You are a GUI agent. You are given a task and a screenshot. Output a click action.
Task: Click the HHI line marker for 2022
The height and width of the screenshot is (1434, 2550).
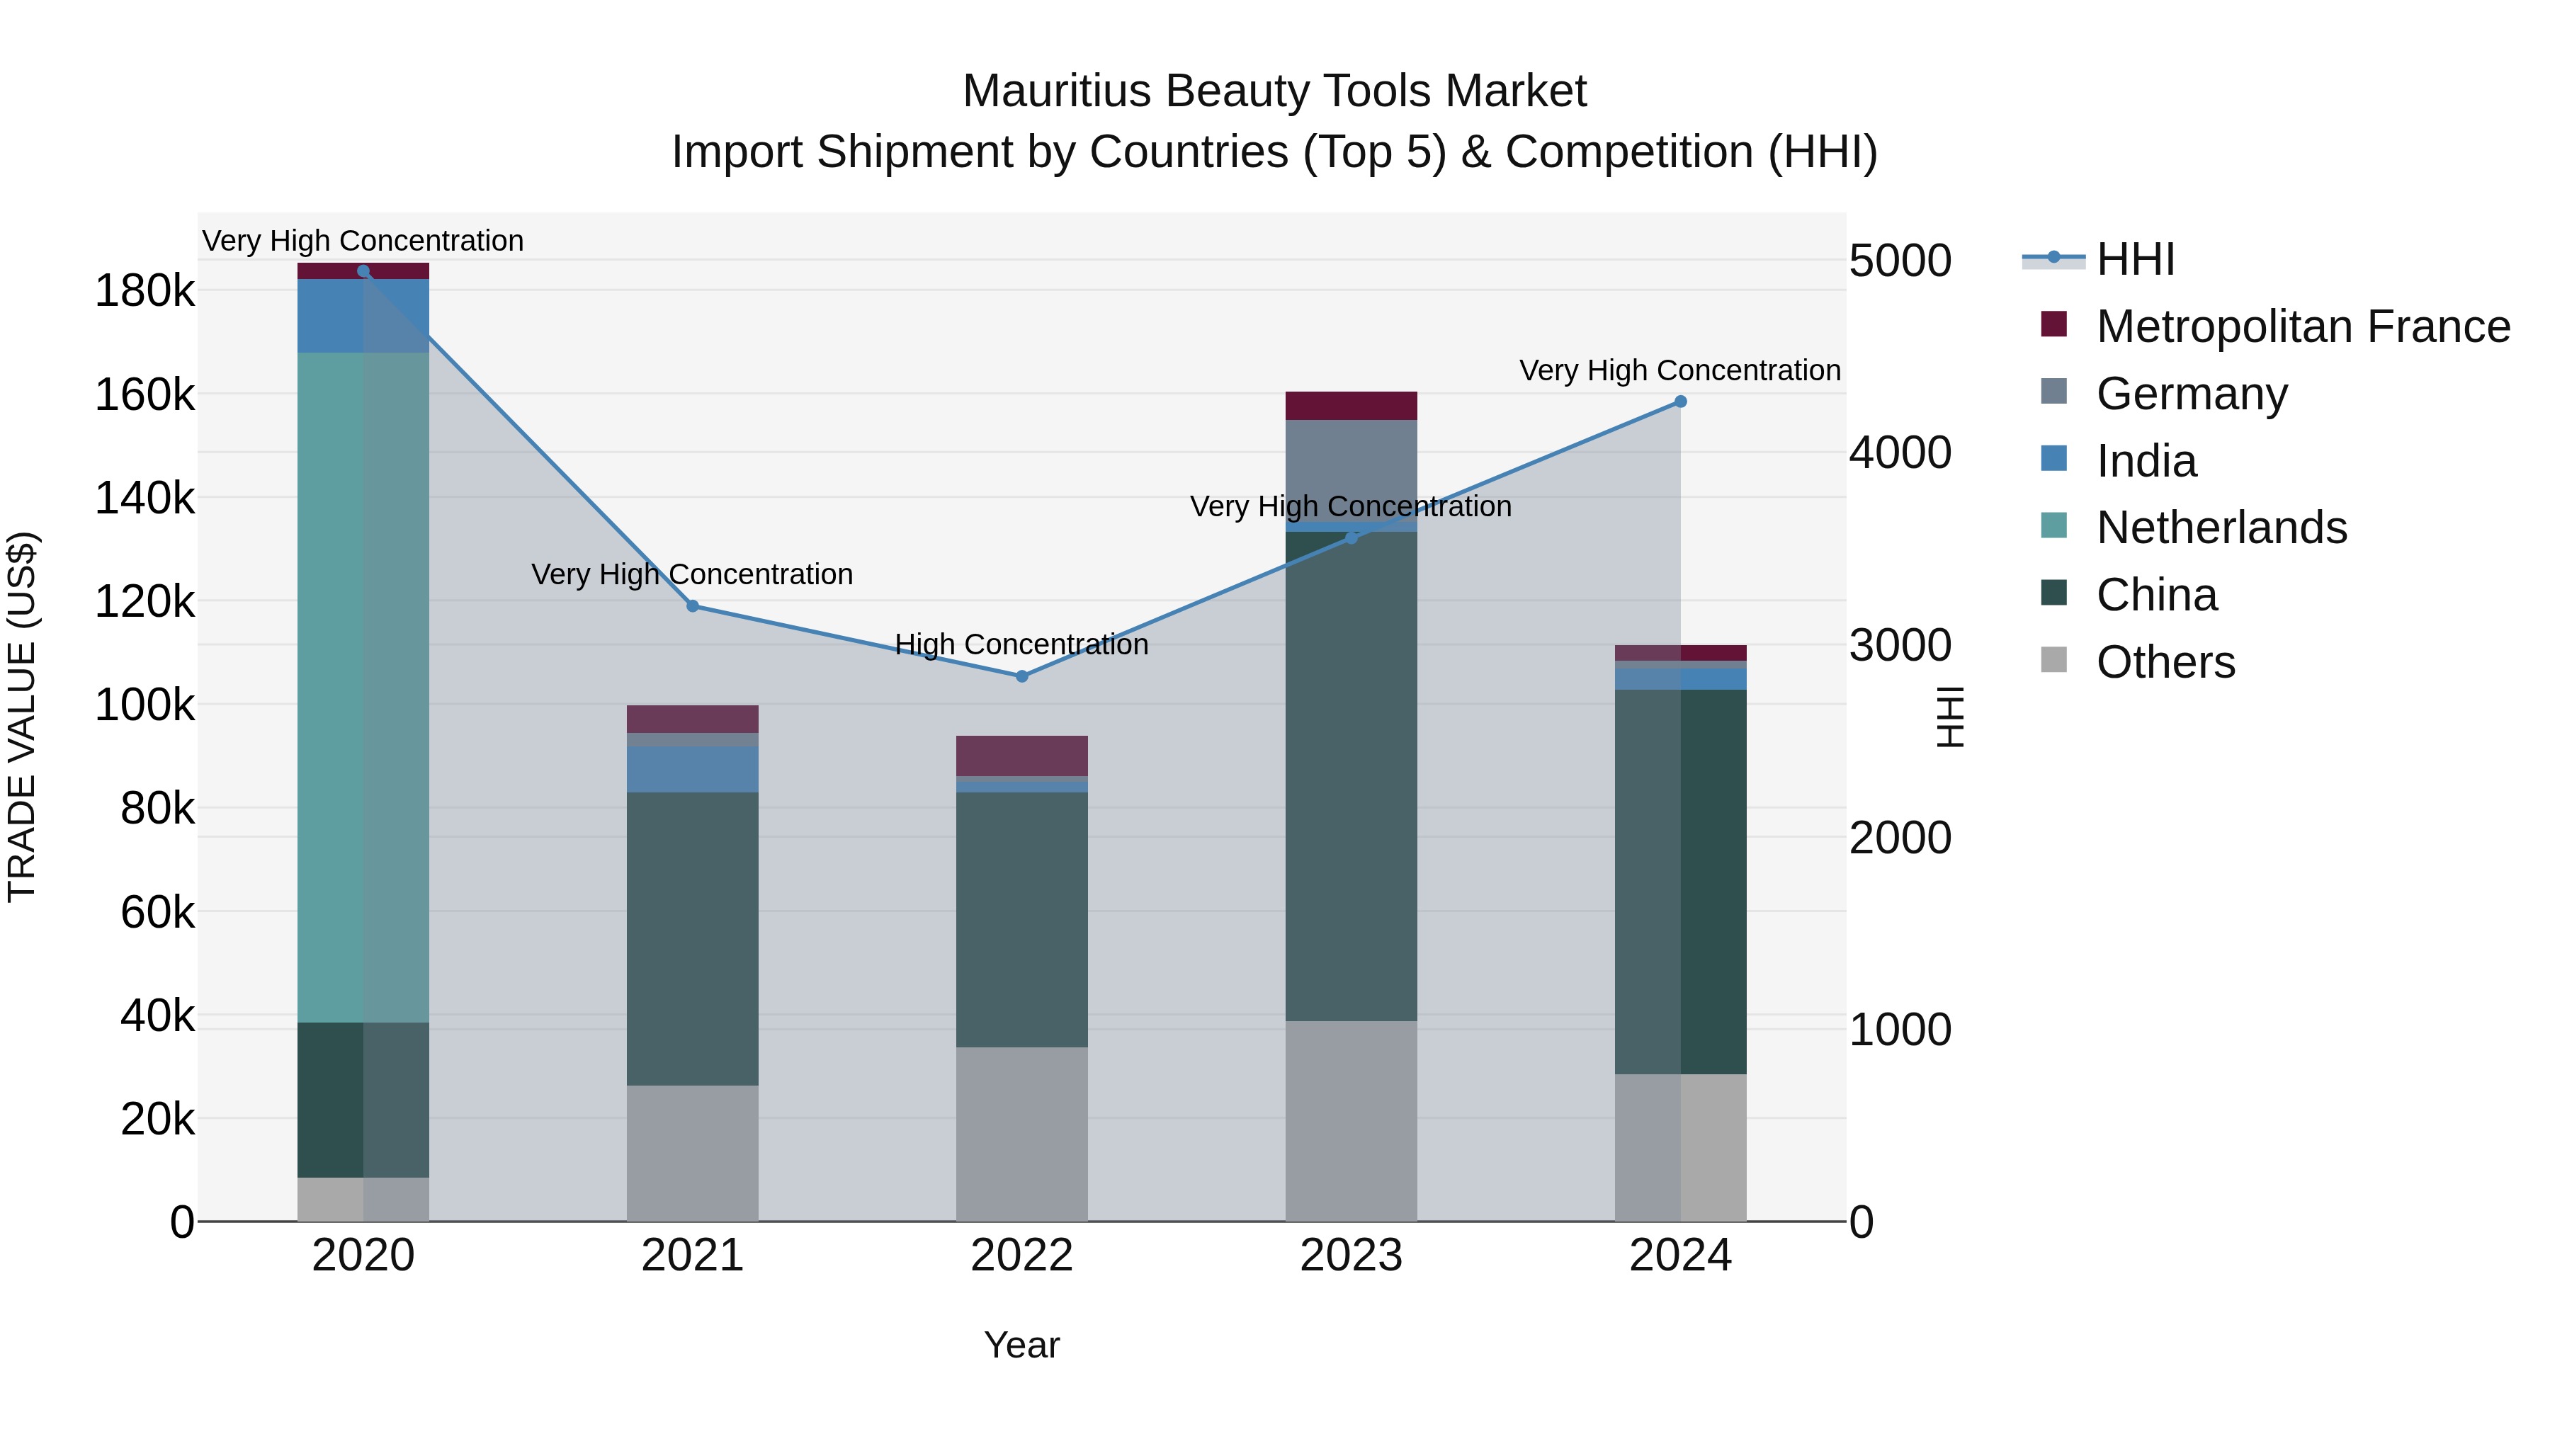point(1021,676)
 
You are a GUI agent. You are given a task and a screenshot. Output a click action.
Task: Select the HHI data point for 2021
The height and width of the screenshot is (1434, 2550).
point(692,605)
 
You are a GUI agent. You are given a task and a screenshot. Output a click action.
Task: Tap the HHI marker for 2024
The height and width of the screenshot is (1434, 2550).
point(1680,402)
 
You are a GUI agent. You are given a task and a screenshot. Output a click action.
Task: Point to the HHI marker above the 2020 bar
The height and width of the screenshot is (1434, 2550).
point(363,271)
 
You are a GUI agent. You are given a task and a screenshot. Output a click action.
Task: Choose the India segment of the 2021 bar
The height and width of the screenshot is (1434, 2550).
point(692,769)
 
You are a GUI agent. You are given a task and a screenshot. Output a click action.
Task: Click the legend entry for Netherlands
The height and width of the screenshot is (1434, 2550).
point(2221,528)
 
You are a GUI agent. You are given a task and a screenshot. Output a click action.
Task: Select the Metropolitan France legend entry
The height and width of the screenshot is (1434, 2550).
point(2303,326)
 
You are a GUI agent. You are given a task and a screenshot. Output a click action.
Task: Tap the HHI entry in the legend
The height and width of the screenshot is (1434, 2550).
point(2135,259)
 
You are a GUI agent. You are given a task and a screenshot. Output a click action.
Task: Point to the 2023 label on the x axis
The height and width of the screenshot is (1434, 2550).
point(1351,1256)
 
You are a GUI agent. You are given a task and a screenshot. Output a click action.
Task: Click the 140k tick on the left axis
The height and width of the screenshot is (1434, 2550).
point(144,498)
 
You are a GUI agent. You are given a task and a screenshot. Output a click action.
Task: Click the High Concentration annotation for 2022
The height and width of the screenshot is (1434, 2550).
point(1021,644)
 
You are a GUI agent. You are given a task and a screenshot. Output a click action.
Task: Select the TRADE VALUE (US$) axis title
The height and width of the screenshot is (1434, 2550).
point(22,717)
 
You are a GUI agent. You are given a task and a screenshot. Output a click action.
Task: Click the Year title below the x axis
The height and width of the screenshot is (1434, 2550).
point(1021,1345)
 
